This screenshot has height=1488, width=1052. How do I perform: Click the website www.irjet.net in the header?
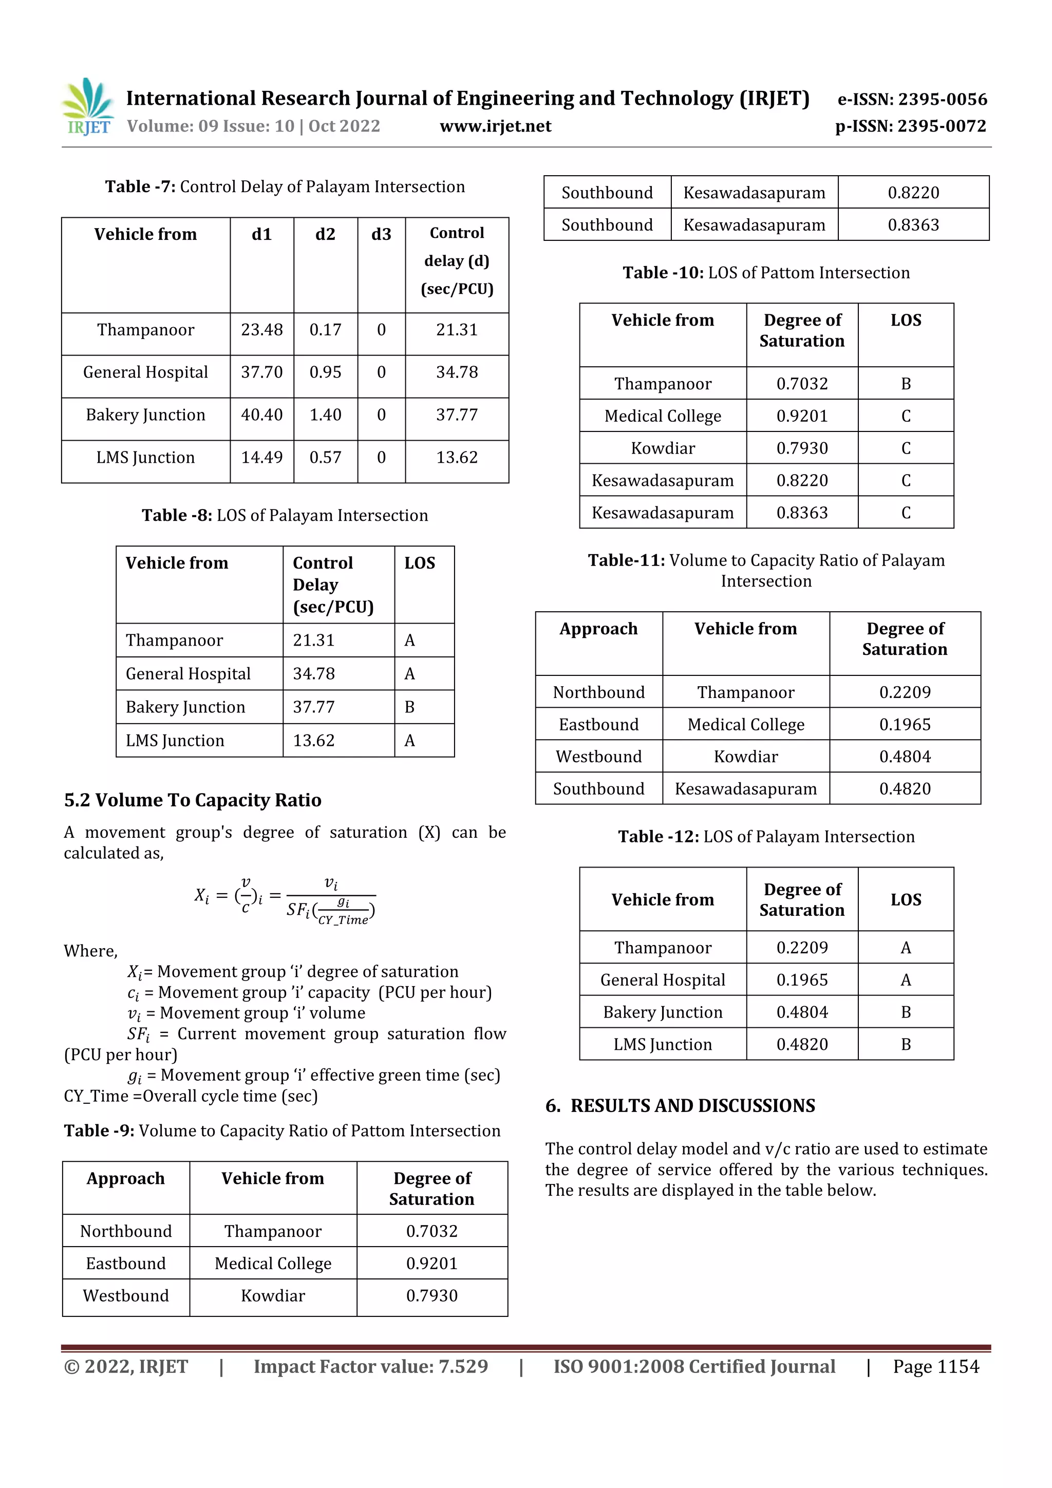click(x=495, y=126)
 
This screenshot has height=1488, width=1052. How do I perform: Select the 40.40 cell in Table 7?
click(x=262, y=415)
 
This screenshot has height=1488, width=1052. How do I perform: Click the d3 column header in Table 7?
click(x=381, y=234)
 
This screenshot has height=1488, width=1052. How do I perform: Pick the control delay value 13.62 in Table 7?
click(x=456, y=458)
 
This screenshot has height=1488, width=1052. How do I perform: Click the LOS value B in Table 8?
click(x=409, y=707)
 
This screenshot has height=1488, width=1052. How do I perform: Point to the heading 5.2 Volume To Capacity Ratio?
click(x=193, y=800)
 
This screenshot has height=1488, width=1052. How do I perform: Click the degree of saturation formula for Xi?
click(x=285, y=900)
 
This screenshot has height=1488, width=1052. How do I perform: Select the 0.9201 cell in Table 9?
click(x=431, y=1263)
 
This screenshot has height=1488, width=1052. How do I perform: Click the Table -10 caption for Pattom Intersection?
click(x=766, y=273)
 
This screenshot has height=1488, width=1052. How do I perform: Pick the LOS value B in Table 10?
click(x=906, y=384)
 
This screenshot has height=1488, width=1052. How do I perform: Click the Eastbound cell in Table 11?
click(x=598, y=725)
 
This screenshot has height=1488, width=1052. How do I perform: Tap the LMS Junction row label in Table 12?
click(x=663, y=1044)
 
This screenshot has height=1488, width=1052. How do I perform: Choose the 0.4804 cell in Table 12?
click(x=802, y=1012)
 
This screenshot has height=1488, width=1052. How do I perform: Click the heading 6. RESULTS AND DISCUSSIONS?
click(x=680, y=1106)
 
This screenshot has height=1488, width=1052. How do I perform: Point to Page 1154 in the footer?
click(x=935, y=1367)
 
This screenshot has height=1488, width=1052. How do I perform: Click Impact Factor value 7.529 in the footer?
click(x=371, y=1367)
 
